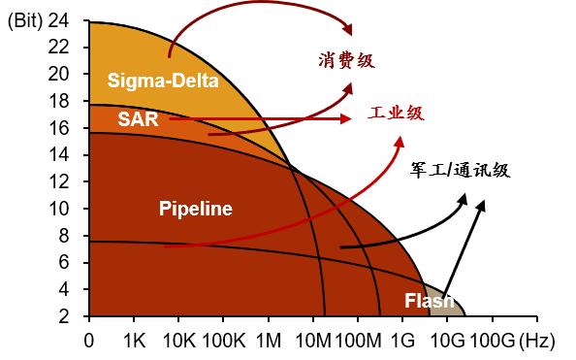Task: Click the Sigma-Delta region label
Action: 163,81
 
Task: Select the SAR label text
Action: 138,119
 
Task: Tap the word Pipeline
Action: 196,209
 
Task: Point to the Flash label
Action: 430,301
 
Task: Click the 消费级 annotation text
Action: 346,60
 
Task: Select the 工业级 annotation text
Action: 396,113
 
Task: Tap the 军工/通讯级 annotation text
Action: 460,170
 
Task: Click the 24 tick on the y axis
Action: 58,20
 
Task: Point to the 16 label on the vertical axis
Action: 58,128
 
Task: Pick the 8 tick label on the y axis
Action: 64,236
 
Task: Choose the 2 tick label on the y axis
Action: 64,316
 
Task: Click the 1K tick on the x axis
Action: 135,342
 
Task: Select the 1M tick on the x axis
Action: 269,342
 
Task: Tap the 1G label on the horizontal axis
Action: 403,342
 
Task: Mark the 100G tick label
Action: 493,342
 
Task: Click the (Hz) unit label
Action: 536,342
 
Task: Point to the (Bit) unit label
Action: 25,21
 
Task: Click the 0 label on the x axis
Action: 89,342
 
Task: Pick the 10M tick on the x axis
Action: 313,342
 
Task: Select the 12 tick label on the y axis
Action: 58,182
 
